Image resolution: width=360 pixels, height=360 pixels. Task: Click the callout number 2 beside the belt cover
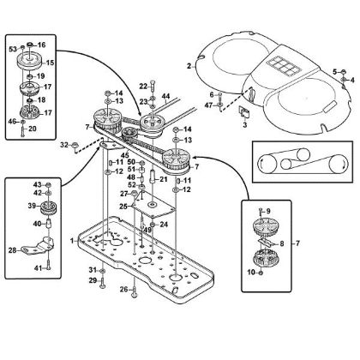(x=189, y=64)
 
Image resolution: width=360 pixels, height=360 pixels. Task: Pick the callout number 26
(x=123, y=289)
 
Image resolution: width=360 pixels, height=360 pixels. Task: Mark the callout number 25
(x=123, y=207)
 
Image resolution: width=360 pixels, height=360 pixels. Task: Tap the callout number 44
(x=166, y=96)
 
